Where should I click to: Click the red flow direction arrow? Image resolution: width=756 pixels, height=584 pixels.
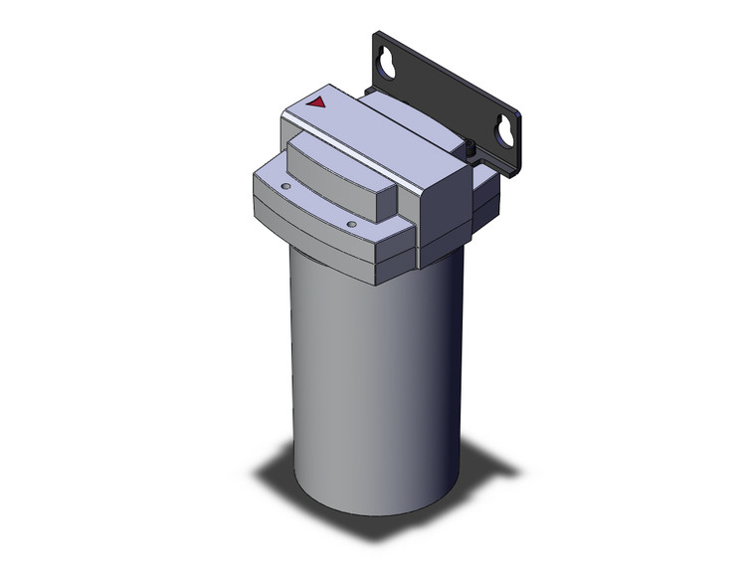pos(317,101)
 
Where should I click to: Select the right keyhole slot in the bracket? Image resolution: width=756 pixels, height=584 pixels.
pos(505,131)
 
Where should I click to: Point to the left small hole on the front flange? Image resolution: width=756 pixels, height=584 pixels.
pos(285,185)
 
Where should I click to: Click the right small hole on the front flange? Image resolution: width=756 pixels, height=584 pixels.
pos(352,225)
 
